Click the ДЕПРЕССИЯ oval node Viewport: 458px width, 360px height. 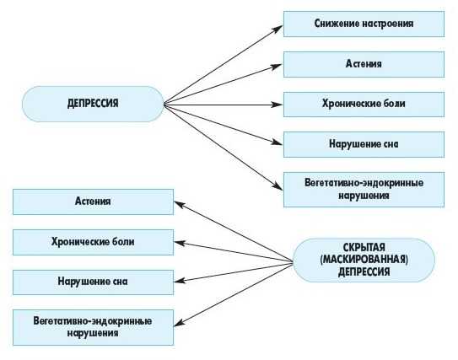[93, 104]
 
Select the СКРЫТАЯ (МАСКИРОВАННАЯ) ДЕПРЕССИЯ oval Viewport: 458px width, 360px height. [364, 260]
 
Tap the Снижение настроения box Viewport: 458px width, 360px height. [364, 24]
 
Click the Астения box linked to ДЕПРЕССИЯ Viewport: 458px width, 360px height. [364, 64]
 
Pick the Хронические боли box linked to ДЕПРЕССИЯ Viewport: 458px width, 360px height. [364, 105]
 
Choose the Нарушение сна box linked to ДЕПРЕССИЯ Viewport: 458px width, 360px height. [364, 144]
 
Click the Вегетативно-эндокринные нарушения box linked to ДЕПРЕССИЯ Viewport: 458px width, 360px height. [364, 190]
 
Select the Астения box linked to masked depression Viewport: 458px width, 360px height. [93, 201]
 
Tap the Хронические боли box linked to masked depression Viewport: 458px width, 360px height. [93, 242]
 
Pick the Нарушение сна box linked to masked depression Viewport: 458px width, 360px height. [93, 282]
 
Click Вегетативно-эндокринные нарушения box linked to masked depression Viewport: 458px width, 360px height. [93, 327]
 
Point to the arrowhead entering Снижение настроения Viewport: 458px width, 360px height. [277, 29]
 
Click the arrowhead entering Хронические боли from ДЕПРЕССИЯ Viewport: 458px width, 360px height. [277, 105]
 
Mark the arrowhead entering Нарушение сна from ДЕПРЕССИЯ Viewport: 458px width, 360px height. [277, 142]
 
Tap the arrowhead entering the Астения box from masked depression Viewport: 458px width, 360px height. [180, 204]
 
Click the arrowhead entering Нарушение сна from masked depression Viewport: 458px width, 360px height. [180, 281]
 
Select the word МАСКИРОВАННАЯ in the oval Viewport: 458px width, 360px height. [364, 260]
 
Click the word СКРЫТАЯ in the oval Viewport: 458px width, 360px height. [364, 248]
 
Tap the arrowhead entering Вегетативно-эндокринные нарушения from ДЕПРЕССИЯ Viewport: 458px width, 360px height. [277, 186]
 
